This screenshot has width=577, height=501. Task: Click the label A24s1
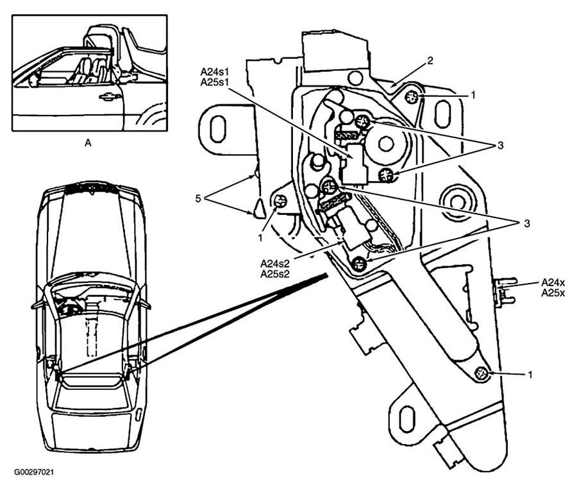click(215, 71)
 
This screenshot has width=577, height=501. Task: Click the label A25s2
click(275, 274)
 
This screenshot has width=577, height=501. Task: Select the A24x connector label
click(553, 283)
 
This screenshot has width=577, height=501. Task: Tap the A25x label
click(553, 293)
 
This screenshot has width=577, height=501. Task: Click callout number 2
click(430, 60)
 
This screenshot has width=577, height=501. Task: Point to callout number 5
click(198, 199)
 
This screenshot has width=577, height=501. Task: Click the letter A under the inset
click(88, 142)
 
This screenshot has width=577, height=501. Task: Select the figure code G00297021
click(34, 472)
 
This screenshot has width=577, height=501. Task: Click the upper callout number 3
click(500, 146)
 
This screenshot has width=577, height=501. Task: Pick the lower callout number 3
click(527, 223)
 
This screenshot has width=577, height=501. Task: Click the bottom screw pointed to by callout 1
click(481, 374)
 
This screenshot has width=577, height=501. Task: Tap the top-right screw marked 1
click(412, 97)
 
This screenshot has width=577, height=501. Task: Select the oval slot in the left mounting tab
click(218, 129)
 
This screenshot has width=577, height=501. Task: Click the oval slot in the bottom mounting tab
click(407, 420)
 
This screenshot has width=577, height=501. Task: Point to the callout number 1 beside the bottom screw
click(530, 375)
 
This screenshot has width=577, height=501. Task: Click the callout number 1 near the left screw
click(260, 238)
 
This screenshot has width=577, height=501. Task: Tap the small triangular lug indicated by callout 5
click(259, 208)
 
